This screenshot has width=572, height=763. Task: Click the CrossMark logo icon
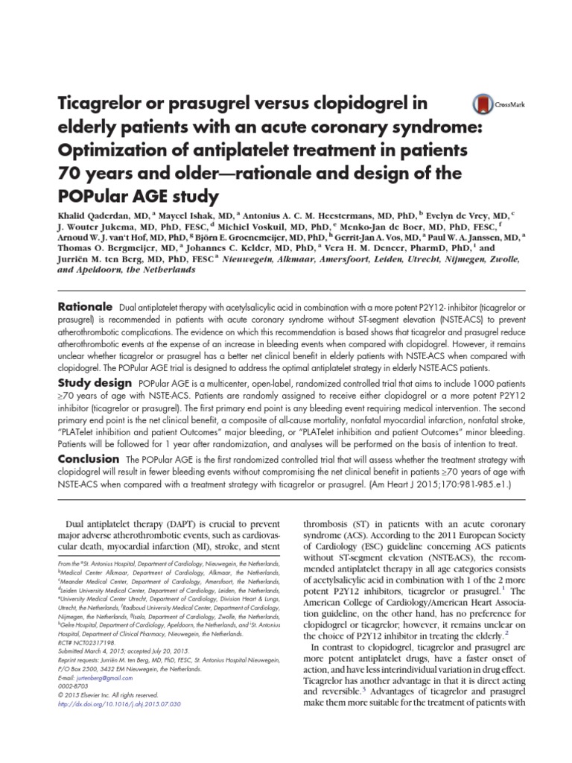pyautogui.click(x=482, y=106)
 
